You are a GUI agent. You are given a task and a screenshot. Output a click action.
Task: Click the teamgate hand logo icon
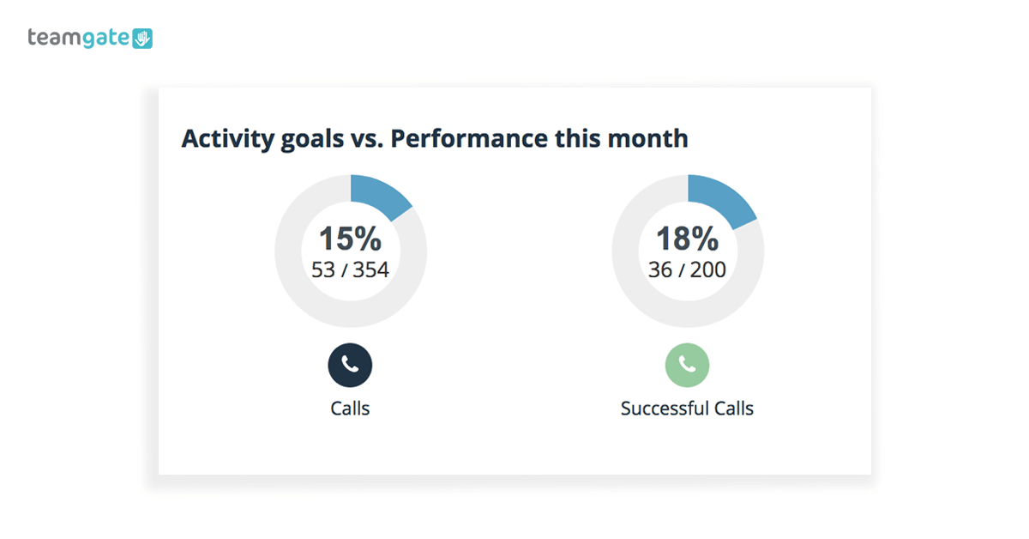point(142,38)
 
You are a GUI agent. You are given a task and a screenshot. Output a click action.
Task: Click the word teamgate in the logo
point(79,38)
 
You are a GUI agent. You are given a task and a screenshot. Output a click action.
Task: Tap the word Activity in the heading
point(228,139)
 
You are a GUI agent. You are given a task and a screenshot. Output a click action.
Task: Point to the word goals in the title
point(312,140)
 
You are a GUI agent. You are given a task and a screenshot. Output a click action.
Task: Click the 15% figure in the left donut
point(350,239)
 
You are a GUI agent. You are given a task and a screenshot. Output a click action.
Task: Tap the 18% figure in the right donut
point(687,239)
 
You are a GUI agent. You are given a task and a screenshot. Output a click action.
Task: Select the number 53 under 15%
point(323,270)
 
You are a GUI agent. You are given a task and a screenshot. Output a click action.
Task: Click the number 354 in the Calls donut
point(370,270)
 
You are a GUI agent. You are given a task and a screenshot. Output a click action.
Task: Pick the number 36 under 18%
point(660,270)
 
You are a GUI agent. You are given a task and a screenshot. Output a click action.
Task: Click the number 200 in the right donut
point(708,270)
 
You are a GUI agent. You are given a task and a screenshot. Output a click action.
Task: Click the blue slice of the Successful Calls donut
point(719,197)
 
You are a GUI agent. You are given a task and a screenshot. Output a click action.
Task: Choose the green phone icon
point(687,365)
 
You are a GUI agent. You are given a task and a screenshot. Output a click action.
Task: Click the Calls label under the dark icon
point(350,409)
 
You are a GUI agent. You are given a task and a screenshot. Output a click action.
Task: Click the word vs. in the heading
point(367,139)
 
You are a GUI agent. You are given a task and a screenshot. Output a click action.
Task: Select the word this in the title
point(577,138)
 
